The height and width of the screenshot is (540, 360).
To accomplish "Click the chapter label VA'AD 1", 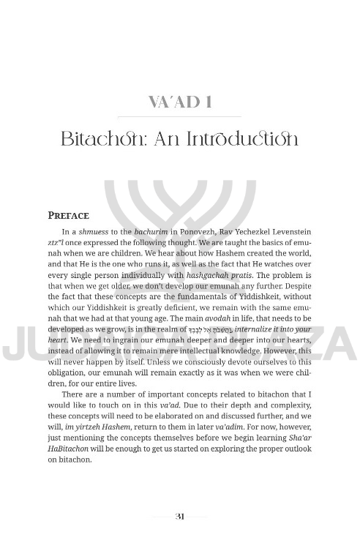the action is point(179,102).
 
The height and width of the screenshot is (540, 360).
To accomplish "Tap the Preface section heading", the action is point(68,216).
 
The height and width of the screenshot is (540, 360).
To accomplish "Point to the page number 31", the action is point(180,516).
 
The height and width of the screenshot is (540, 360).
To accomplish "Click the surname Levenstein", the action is point(288,232).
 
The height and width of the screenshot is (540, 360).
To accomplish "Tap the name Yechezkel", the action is point(243,232).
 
